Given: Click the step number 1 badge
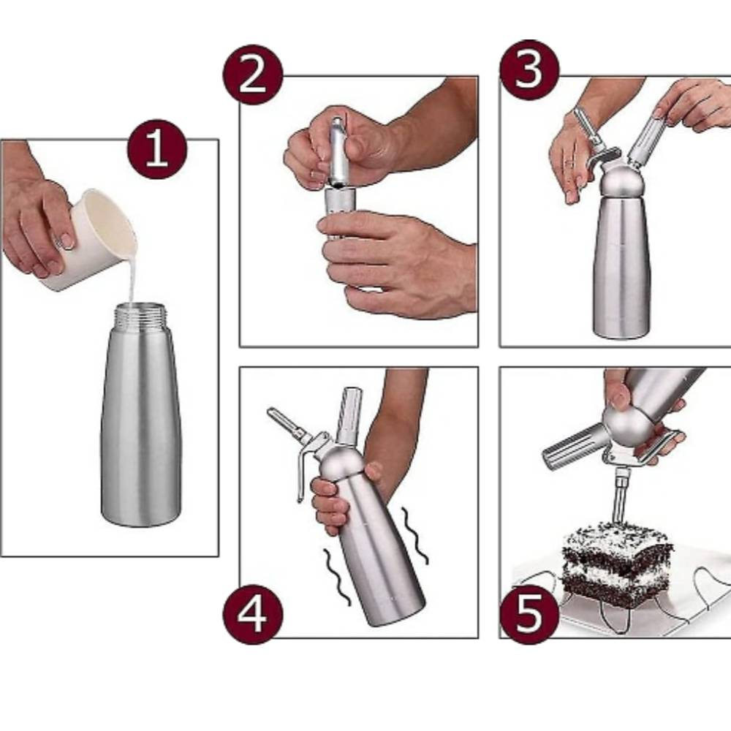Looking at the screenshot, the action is coord(157,149).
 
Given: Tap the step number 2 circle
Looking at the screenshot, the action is coord(253,75).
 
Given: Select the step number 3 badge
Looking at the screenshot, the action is coord(529,70).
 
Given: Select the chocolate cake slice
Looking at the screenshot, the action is coord(616,567).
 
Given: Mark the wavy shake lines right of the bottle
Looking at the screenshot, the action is coord(415,535).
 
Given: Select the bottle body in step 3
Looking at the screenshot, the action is coord(621,266).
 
